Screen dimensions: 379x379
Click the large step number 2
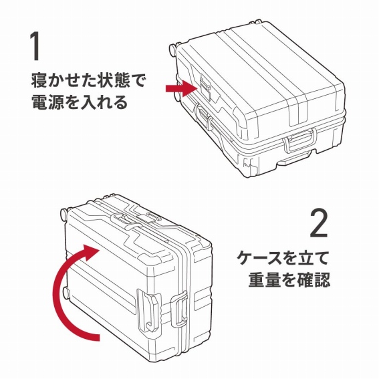click(318, 223)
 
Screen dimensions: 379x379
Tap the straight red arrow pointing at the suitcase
click(182, 88)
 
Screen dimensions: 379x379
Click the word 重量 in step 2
click(265, 279)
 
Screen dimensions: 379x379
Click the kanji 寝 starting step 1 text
click(39, 80)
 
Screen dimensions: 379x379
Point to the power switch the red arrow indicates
click(205, 88)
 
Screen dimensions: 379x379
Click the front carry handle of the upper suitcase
click(299, 140)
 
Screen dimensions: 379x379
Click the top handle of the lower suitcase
click(126, 221)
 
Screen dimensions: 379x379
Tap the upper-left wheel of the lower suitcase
click(64, 214)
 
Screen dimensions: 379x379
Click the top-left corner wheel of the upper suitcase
click(173, 49)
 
